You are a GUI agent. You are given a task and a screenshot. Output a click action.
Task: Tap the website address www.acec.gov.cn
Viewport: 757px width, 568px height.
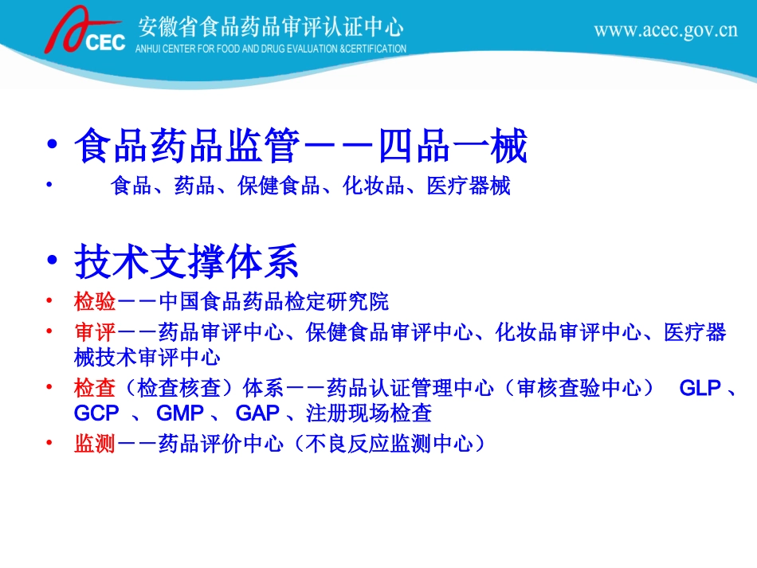(665, 31)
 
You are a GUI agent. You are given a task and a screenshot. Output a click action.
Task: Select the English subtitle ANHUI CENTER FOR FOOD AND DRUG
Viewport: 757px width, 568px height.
(271, 49)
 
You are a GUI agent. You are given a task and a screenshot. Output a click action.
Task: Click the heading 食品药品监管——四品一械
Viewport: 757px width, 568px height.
(300, 147)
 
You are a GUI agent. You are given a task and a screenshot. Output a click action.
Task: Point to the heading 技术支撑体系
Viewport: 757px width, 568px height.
(186, 261)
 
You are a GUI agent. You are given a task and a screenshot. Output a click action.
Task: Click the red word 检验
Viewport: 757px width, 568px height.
(95, 302)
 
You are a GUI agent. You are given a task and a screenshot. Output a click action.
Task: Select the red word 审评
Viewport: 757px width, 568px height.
(95, 331)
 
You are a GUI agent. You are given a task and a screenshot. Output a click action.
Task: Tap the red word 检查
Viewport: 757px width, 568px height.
(95, 389)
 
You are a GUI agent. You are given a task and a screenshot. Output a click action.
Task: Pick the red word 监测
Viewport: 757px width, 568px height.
(95, 443)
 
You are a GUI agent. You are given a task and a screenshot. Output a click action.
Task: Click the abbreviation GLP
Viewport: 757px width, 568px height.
(700, 389)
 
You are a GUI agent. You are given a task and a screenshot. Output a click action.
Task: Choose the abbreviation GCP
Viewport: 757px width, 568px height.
(96, 413)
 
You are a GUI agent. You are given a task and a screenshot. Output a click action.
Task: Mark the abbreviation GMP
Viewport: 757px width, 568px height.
(181, 413)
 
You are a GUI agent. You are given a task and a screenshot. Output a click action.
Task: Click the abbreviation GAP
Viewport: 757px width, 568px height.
(258, 413)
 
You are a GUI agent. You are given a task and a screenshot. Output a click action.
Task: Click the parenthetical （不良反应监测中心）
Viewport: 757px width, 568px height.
(389, 443)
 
